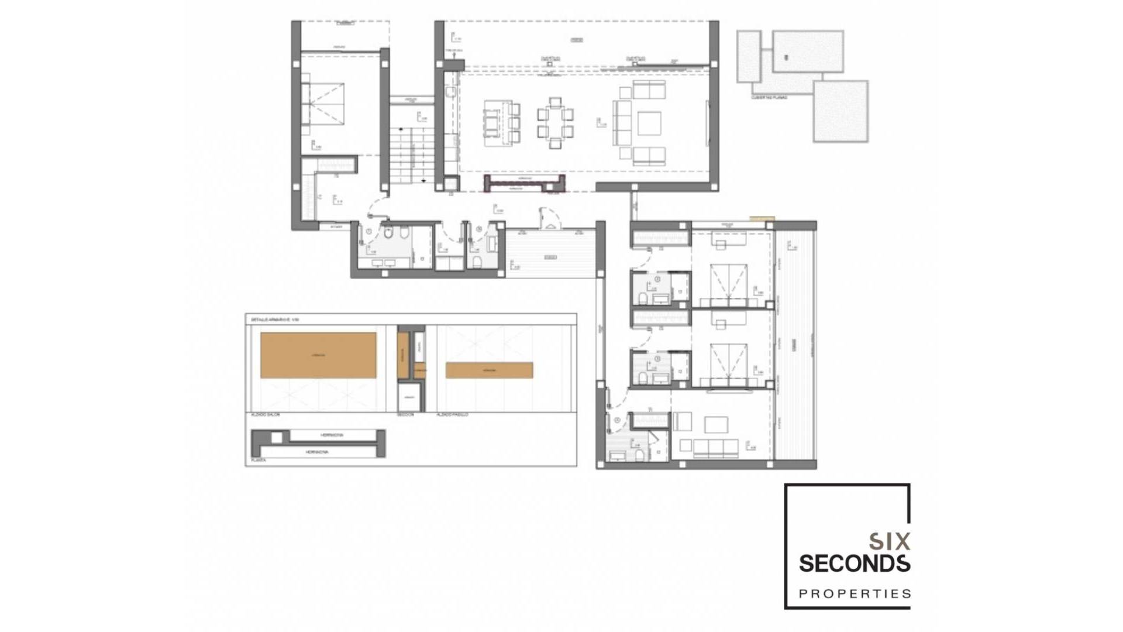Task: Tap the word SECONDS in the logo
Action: [x=854, y=564]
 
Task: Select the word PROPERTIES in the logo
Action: [x=855, y=594]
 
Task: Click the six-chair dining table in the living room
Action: [x=554, y=123]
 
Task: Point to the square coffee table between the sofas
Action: [x=649, y=123]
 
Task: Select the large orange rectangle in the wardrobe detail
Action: [x=318, y=355]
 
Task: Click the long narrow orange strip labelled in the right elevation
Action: [x=489, y=370]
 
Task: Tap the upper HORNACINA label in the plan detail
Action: [x=332, y=435]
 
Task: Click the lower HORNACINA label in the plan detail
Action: [x=316, y=452]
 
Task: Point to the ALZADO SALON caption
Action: [x=265, y=414]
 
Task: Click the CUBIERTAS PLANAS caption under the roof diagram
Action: [x=769, y=97]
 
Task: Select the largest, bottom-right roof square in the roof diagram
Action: [x=840, y=111]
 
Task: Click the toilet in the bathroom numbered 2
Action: [x=643, y=299]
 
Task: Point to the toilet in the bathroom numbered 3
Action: [x=643, y=378]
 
